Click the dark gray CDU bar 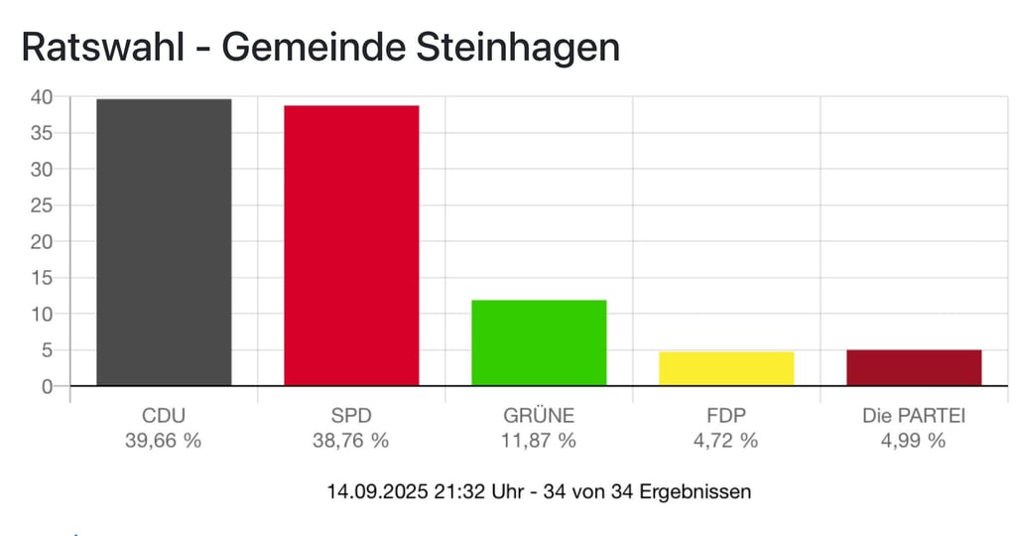(x=164, y=242)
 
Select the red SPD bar (x=351, y=245)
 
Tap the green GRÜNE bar (x=539, y=342)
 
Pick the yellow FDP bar (x=726, y=368)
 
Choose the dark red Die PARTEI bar (x=914, y=367)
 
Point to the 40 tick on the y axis (x=41, y=97)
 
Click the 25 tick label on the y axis (x=41, y=205)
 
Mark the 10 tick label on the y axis (x=41, y=314)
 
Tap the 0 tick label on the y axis (x=47, y=386)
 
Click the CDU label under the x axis (x=164, y=416)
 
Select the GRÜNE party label (x=539, y=416)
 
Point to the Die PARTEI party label (x=914, y=416)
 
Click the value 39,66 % (x=164, y=441)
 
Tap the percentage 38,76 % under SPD (x=351, y=441)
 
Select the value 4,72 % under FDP (x=726, y=441)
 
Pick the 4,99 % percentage (x=914, y=441)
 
